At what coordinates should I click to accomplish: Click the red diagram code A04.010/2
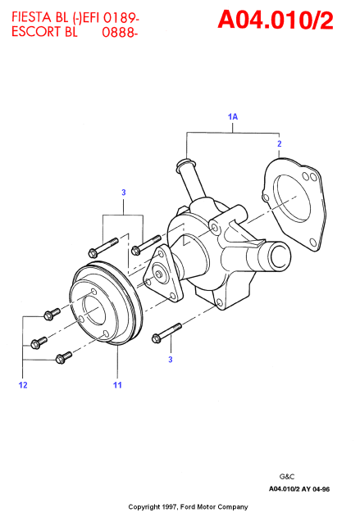(276, 20)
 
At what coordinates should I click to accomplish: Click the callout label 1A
(233, 116)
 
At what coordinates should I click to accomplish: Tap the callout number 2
(280, 143)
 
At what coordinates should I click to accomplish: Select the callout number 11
(117, 385)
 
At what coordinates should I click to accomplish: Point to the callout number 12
(23, 385)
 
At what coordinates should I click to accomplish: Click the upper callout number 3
(123, 193)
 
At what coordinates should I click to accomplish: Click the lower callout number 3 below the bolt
(171, 360)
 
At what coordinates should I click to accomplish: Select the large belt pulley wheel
(106, 302)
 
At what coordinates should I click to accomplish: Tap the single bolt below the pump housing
(166, 333)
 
